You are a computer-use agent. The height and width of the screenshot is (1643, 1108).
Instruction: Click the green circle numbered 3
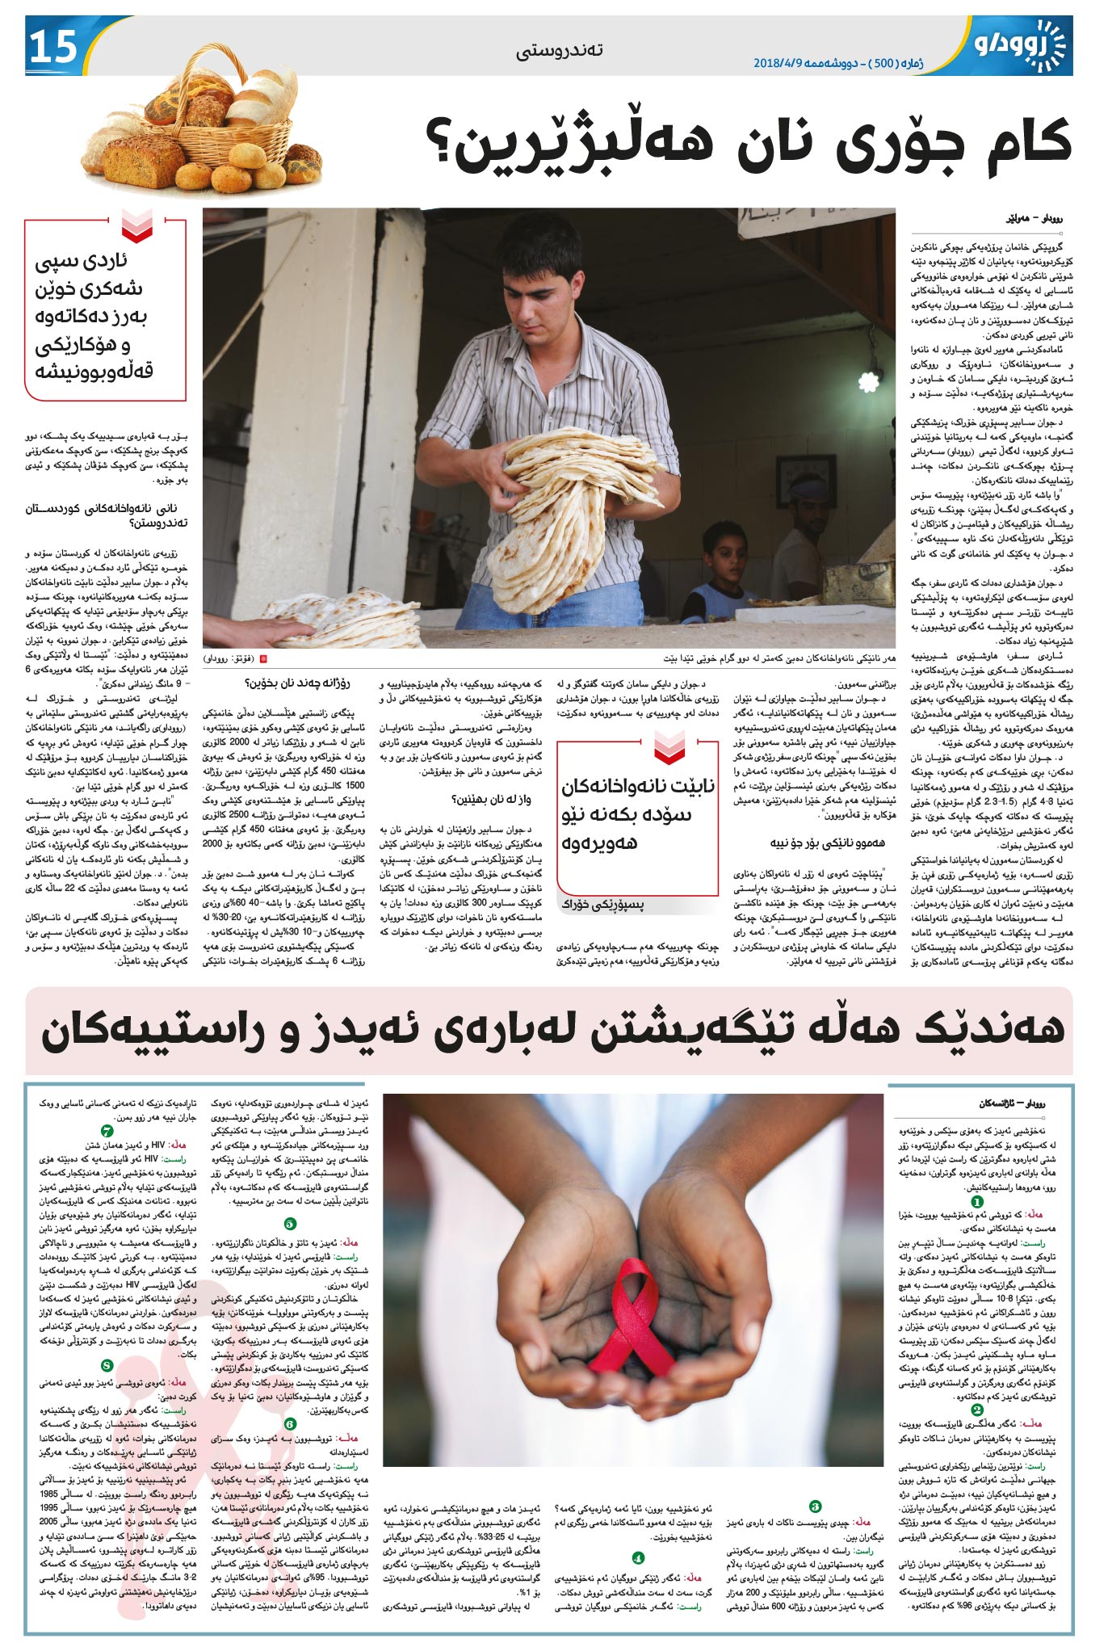(x=815, y=1506)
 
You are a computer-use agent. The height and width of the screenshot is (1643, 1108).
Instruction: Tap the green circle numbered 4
(x=638, y=1557)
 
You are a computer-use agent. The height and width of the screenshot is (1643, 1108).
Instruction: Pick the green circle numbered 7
(x=107, y=1131)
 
